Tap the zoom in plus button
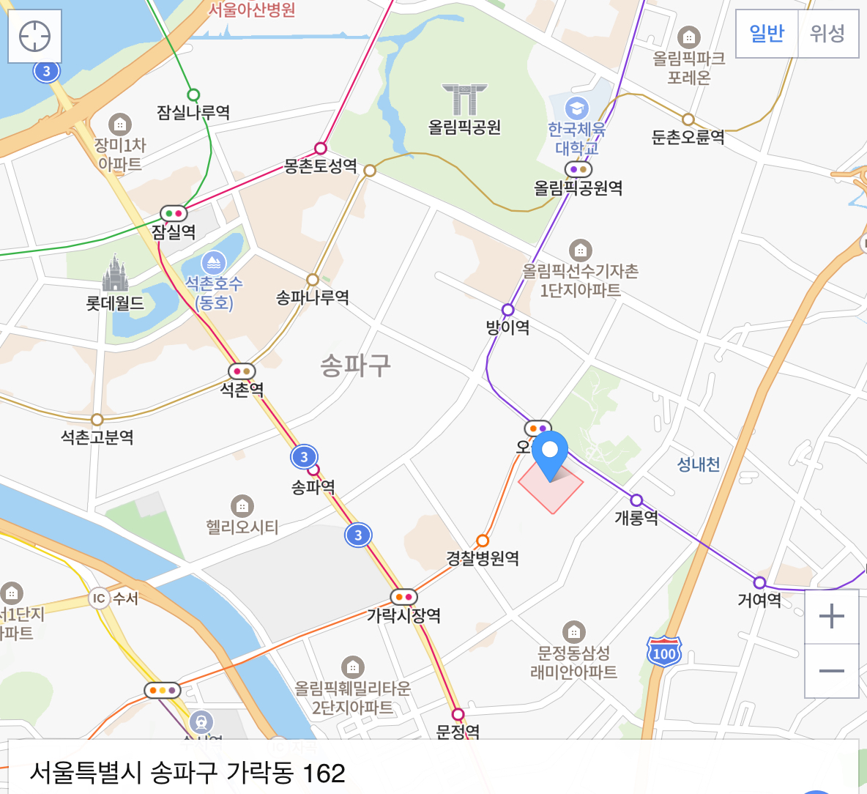point(831,617)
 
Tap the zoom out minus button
point(831,671)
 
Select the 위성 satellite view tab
point(827,34)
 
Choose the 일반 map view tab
point(767,34)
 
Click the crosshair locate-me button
point(34,36)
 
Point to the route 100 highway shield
point(664,652)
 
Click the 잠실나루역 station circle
point(193,94)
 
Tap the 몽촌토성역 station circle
point(320,149)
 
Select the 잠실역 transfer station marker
point(174,213)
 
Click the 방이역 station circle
point(507,309)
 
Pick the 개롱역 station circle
point(636,500)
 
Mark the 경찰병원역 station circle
point(482,541)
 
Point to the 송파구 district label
point(356,365)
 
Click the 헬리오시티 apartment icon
point(242,505)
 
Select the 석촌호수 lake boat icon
point(213,262)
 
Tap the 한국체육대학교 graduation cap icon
point(576,107)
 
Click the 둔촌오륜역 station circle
point(688,119)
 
